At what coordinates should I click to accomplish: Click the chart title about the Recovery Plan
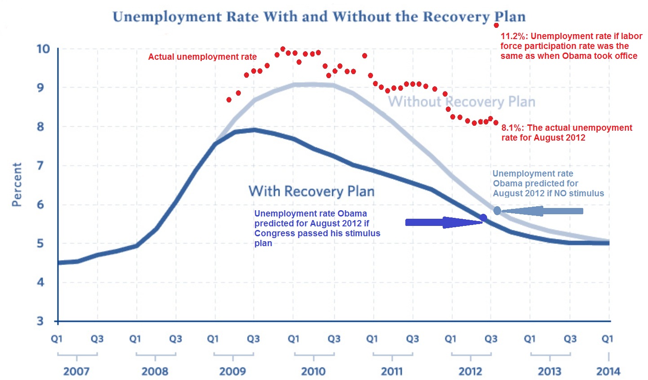pos(319,17)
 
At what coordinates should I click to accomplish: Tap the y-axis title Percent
pos(17,185)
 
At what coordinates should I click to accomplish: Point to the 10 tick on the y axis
pos(43,49)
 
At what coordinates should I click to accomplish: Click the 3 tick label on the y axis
pos(40,321)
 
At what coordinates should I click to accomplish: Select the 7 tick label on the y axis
pos(40,165)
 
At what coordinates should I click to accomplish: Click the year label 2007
pos(76,371)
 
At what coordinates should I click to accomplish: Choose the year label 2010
pos(313,371)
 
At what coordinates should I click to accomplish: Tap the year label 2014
pos(608,371)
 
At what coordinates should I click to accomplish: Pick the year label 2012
pos(470,371)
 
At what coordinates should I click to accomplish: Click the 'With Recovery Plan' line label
pos(311,191)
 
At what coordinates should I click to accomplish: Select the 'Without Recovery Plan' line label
pos(462,102)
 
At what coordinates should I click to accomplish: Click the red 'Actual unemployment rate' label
pos(202,57)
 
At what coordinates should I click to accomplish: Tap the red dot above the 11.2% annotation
pos(496,25)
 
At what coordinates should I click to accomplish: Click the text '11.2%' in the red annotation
pos(513,36)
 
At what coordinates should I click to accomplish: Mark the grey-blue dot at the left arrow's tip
pos(497,211)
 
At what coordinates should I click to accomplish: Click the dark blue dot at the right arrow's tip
pos(484,218)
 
